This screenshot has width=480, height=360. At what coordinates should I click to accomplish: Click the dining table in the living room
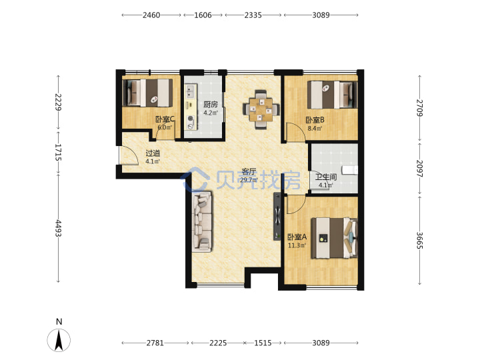[261, 109]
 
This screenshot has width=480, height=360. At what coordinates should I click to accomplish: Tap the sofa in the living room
[202, 221]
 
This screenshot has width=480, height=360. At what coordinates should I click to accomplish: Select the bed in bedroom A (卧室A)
[335, 238]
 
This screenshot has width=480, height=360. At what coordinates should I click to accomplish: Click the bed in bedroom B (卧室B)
[333, 95]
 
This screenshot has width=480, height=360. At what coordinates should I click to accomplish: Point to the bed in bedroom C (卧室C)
[147, 93]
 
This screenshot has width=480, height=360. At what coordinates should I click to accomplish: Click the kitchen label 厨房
[211, 105]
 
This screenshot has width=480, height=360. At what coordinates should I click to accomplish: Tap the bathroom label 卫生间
[326, 177]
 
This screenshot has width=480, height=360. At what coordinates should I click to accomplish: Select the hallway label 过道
[153, 153]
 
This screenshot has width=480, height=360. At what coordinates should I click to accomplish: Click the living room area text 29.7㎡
[249, 180]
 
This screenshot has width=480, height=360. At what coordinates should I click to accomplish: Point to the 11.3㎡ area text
[297, 245]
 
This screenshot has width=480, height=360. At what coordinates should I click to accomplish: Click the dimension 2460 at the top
[151, 15]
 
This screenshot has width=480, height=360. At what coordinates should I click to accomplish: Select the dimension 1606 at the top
[203, 15]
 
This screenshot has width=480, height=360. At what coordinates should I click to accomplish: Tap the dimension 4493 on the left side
[58, 229]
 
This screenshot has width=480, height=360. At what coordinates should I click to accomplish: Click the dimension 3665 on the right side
[419, 240]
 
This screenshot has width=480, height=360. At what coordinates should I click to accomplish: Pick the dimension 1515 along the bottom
[263, 343]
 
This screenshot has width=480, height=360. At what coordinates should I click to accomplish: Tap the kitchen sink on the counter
[191, 91]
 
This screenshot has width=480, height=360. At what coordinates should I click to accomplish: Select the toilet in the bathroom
[350, 170]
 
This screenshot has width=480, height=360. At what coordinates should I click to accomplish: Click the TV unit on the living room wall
[277, 217]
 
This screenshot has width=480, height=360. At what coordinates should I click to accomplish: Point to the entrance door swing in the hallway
[129, 156]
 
